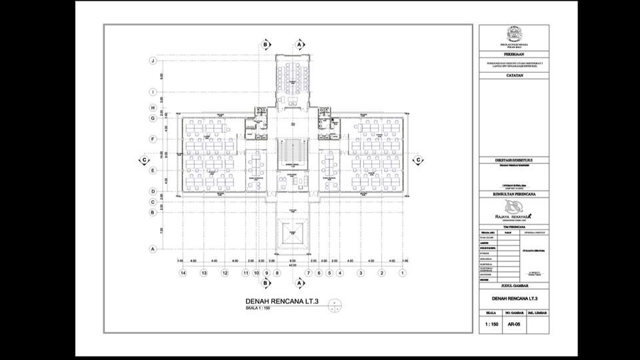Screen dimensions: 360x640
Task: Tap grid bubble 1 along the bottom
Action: [403, 273]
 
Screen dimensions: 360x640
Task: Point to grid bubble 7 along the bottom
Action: [308, 273]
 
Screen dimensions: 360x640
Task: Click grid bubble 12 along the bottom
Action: [225, 273]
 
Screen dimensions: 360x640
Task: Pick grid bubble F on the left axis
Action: [153, 139]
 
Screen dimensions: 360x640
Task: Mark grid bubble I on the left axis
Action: [153, 92]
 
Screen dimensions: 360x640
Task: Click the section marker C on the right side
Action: [419, 161]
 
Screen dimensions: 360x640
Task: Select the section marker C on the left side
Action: [143, 161]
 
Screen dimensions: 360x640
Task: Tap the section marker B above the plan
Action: [266, 44]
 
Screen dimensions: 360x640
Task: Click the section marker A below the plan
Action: [299, 283]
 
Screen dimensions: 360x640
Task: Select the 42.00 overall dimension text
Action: [291, 265]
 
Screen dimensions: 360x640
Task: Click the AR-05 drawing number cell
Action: [513, 325]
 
